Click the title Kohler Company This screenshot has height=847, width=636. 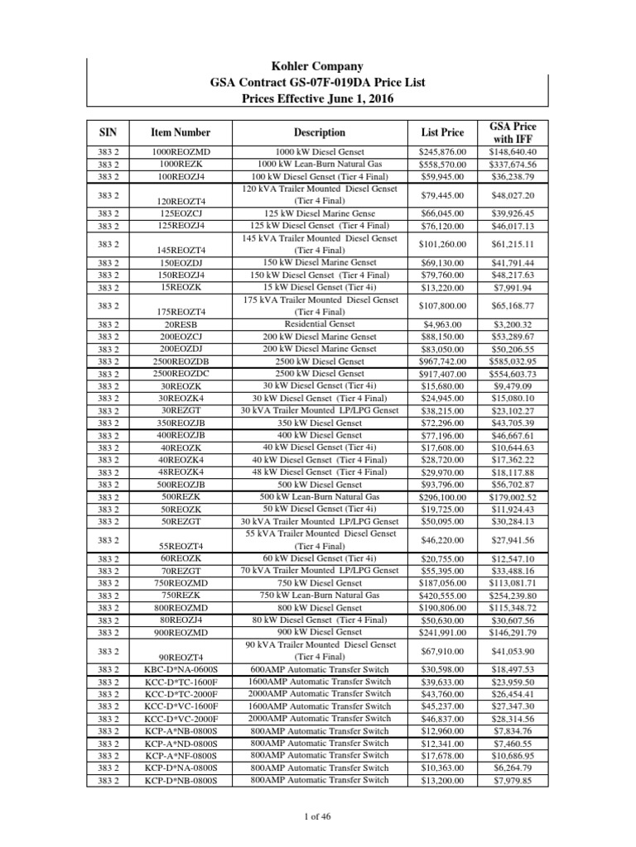318,66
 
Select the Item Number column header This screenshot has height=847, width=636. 181,132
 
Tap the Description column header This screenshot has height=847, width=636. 319,132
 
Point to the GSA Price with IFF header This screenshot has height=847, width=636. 513,132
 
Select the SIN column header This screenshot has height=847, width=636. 108,132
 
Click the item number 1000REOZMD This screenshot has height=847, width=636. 181,152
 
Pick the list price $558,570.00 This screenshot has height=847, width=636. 444,164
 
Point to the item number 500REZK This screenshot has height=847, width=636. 181,496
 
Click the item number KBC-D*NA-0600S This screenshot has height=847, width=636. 181,668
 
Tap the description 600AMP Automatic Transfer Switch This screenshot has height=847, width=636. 320,668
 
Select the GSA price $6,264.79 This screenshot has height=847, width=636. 514,767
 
